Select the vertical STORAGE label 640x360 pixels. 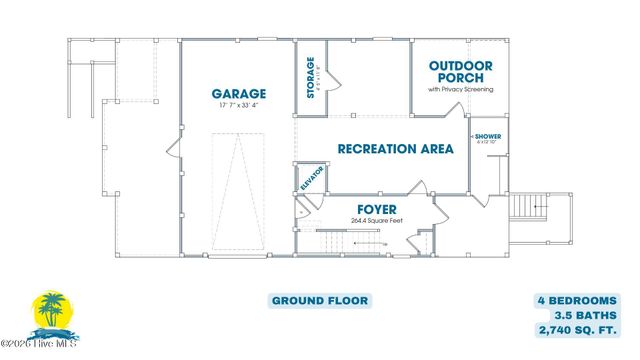311,76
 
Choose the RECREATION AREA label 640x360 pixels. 395,149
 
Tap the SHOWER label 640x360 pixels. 489,135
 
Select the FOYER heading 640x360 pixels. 369,210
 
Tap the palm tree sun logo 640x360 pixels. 48,313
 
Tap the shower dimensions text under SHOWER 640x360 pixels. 489,142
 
